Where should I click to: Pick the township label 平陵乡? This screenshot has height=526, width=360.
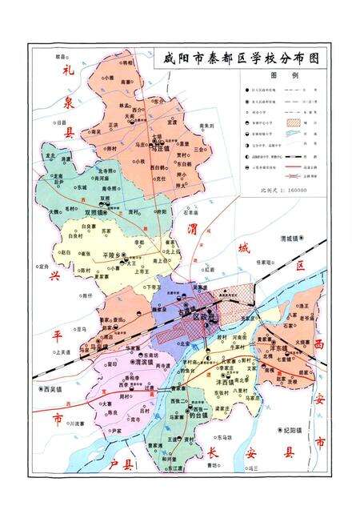115,255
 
